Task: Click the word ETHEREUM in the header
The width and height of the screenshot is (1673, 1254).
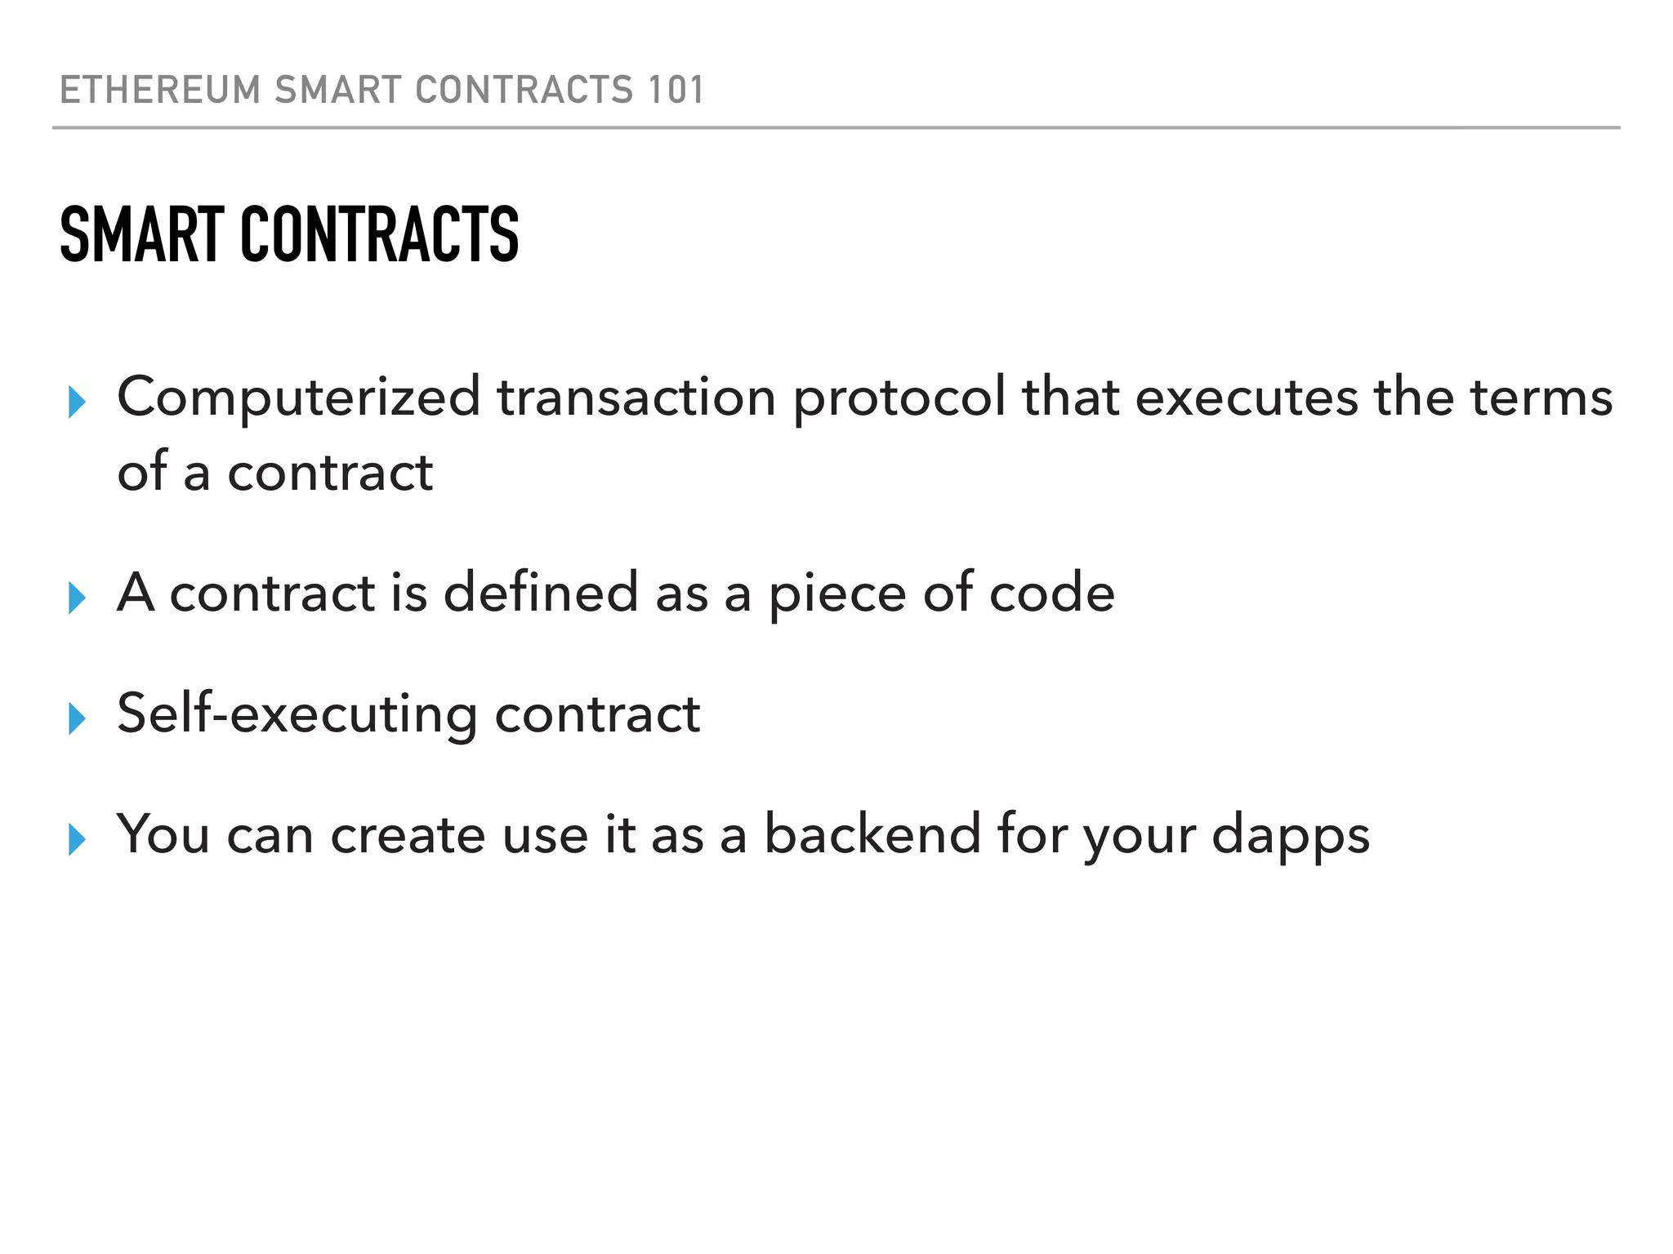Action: pos(160,90)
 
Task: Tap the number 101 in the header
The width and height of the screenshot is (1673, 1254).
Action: pos(675,90)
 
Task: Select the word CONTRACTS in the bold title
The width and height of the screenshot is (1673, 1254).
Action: pos(379,235)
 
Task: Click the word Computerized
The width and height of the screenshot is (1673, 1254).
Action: pos(299,398)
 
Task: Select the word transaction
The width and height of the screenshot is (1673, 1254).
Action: pos(636,398)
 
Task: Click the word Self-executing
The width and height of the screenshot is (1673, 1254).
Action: pos(297,714)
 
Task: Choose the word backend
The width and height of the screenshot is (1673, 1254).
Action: pos(872,834)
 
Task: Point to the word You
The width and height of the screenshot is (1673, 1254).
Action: pos(163,834)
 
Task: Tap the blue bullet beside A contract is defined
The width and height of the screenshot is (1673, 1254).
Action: pos(77,598)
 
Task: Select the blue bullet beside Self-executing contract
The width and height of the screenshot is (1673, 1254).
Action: pos(77,718)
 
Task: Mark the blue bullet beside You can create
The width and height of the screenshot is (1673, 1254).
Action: pos(77,839)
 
